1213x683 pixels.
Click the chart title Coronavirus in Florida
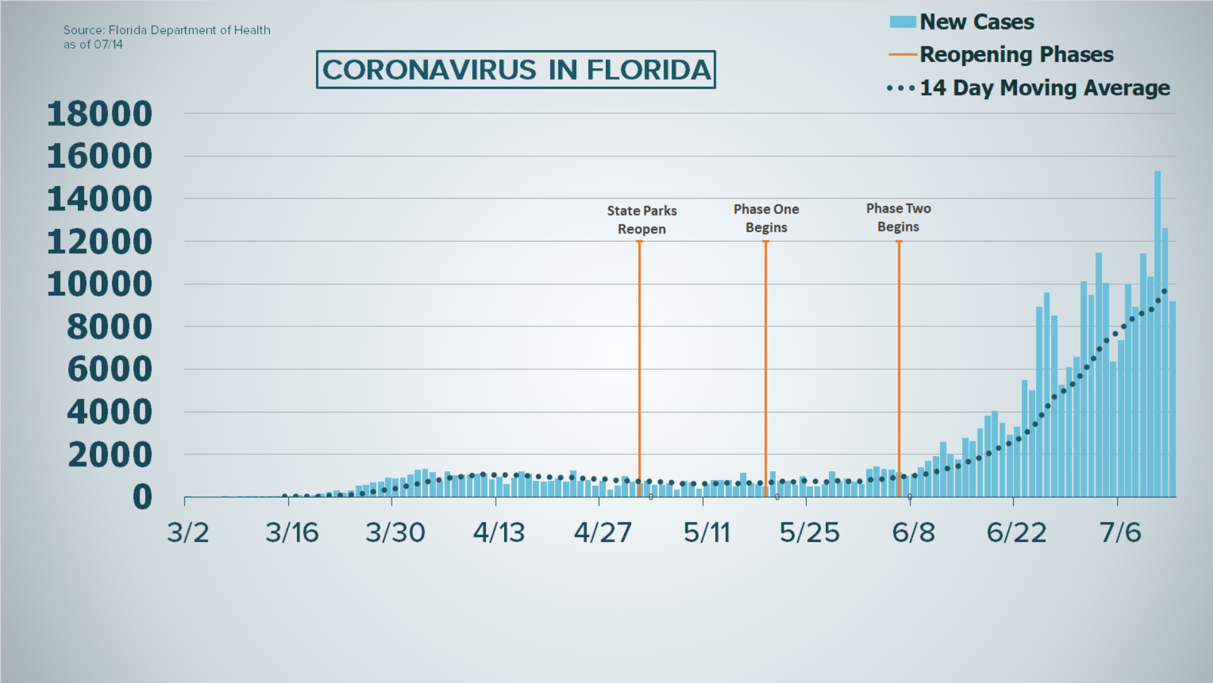pos(516,70)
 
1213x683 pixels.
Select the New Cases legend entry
pos(976,22)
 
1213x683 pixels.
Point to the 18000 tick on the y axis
pos(100,114)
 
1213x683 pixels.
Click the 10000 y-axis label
pos(100,285)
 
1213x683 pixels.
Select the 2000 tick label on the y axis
pos(110,455)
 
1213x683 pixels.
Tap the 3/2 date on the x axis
pos(188,532)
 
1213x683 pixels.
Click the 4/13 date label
pos(499,532)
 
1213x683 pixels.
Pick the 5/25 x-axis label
pos(809,532)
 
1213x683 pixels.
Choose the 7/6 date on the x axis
pos(1120,532)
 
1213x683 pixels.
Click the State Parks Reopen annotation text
pos(641,219)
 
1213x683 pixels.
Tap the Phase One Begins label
pos(766,218)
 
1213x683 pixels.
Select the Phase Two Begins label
pos(898,218)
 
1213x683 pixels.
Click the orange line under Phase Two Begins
pos(899,367)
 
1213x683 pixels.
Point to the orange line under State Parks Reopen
pos(639,367)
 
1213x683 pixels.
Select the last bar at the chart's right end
pos(1173,398)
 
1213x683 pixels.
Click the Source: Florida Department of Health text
pos(167,30)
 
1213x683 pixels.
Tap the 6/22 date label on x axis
pos(1016,532)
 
